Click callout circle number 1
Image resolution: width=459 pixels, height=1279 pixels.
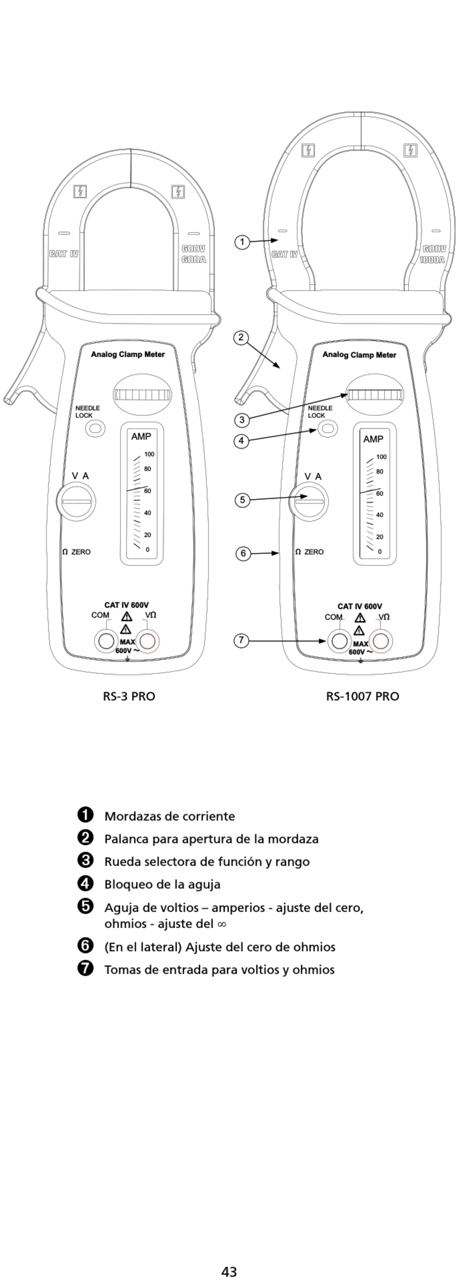pyautogui.click(x=242, y=242)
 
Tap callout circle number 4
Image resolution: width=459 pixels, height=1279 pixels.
pyautogui.click(x=241, y=440)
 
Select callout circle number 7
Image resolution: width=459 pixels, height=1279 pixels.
pyautogui.click(x=241, y=640)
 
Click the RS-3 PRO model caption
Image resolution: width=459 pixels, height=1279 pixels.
pyautogui.click(x=129, y=696)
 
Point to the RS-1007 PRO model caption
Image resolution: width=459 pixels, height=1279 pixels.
pyautogui.click(x=362, y=696)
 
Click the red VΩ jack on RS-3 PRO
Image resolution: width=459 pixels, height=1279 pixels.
pyautogui.click(x=147, y=641)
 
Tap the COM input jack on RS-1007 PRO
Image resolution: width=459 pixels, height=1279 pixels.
pyautogui.click(x=339, y=641)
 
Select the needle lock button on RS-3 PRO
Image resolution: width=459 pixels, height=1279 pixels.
pyautogui.click(x=95, y=428)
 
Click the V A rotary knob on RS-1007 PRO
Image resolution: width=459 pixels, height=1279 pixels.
pyautogui.click(x=309, y=501)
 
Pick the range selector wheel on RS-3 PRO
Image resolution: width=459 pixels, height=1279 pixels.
pyautogui.click(x=142, y=395)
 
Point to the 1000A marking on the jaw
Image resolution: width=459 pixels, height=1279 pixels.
pyautogui.click(x=432, y=260)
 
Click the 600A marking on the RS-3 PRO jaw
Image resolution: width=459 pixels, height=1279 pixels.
pyautogui.click(x=194, y=260)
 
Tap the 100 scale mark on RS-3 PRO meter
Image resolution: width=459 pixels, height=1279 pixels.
pyautogui.click(x=149, y=454)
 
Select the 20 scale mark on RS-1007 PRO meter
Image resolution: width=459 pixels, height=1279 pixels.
pyautogui.click(x=380, y=537)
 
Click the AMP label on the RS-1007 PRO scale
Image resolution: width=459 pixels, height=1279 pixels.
pyautogui.click(x=373, y=439)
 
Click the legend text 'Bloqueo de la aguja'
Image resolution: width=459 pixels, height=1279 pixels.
pyautogui.click(x=162, y=884)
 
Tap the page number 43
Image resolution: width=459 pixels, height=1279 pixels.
pyautogui.click(x=229, y=1267)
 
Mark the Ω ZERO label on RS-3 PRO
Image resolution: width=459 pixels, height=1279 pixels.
pyautogui.click(x=76, y=552)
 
